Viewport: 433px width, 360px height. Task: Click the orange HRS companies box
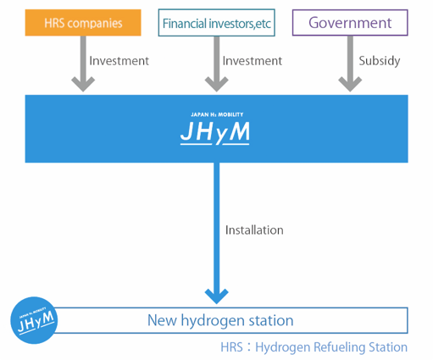point(83,23)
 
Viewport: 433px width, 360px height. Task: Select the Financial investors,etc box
point(217,23)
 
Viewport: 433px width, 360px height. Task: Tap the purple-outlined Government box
point(350,23)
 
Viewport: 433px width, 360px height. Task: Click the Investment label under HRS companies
point(119,61)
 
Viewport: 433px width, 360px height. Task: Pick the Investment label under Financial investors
point(253,61)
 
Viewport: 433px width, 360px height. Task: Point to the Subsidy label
point(380,61)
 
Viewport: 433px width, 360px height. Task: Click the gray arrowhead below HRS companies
point(83,84)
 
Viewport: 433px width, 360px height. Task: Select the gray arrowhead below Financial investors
point(217,84)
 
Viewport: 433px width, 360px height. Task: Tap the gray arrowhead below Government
point(350,84)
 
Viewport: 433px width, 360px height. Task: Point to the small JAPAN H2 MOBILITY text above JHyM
point(217,114)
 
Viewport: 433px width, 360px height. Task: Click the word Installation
point(254,230)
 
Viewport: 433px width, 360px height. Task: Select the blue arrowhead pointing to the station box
point(217,296)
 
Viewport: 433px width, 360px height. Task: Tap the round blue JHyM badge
point(34,320)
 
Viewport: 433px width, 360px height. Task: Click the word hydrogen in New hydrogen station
point(213,321)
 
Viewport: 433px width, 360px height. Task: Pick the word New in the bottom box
point(162,320)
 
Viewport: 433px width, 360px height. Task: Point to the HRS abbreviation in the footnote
point(231,347)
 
